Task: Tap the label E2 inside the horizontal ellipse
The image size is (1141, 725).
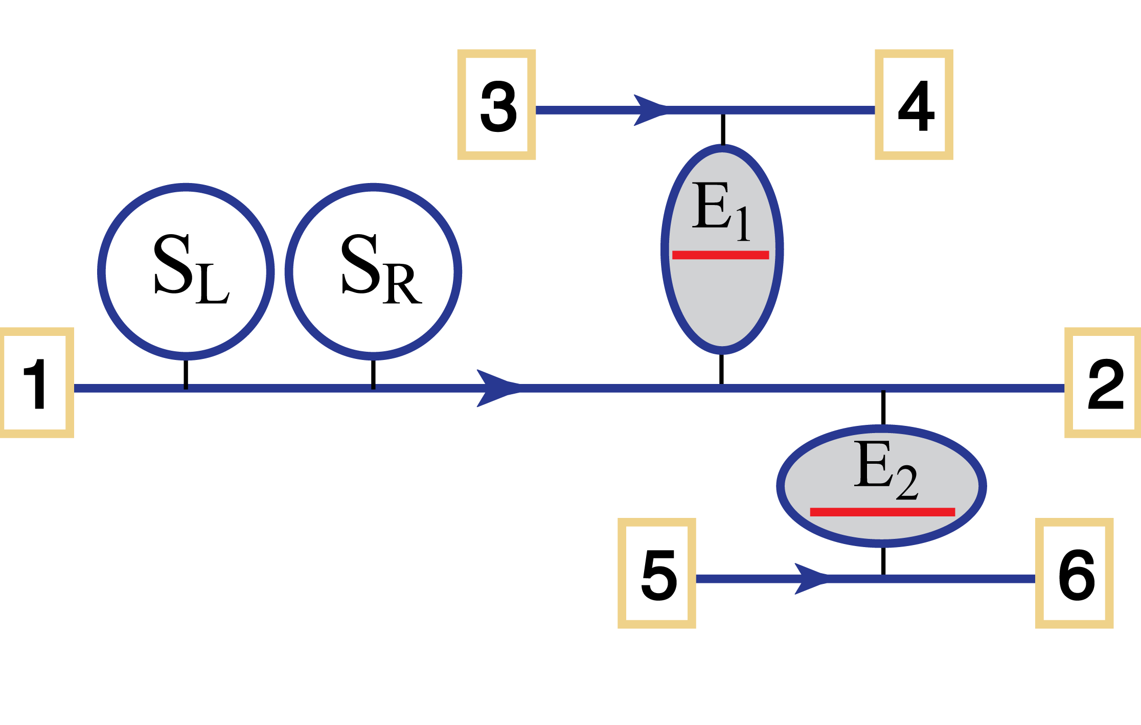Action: click(x=885, y=468)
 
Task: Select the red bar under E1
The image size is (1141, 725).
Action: click(x=720, y=255)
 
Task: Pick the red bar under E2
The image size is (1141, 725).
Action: click(x=882, y=512)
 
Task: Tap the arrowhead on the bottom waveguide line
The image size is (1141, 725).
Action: click(x=811, y=579)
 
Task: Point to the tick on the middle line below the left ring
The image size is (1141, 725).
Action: click(x=186, y=387)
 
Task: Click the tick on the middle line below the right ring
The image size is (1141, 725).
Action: click(x=373, y=387)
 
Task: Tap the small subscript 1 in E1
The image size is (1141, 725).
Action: click(x=743, y=224)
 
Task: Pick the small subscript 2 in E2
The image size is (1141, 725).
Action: click(x=907, y=483)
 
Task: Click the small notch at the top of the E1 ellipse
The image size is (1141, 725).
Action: click(x=722, y=145)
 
